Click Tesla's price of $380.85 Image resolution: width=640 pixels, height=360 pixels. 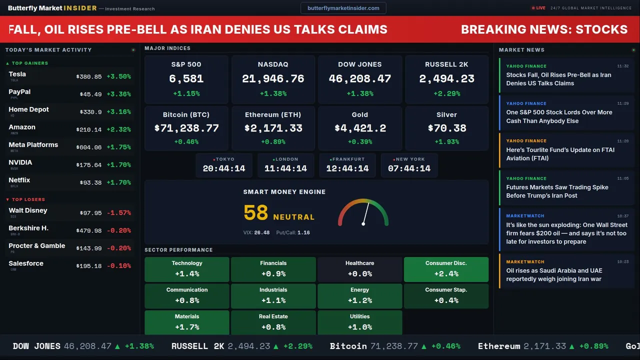[x=89, y=77]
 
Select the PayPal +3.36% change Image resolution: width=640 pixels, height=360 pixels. [x=118, y=94]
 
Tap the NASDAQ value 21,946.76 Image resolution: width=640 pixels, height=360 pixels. [x=273, y=79]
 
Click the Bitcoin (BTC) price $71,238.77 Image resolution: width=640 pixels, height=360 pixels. [x=186, y=128]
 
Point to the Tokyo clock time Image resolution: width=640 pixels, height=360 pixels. [x=224, y=168]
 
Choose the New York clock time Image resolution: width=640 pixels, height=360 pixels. [x=409, y=168]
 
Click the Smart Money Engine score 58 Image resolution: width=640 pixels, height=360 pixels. [x=256, y=213]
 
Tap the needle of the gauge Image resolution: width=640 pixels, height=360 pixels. [x=366, y=213]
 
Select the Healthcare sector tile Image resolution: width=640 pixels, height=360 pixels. [x=359, y=269]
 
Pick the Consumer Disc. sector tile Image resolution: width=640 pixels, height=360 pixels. [x=446, y=269]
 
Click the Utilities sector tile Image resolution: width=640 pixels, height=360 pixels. [x=359, y=322]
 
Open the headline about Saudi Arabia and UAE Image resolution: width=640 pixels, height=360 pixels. [x=554, y=275]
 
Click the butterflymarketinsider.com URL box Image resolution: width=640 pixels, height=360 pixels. [x=343, y=8]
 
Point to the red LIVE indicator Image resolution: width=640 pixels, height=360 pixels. [x=539, y=8]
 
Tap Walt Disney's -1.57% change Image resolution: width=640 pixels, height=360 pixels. [x=118, y=213]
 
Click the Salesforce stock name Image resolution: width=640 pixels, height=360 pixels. [x=26, y=263]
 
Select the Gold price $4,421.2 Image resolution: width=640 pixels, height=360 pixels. [x=360, y=128]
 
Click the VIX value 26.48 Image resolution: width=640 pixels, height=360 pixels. [x=261, y=232]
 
